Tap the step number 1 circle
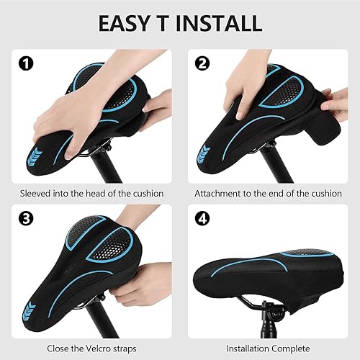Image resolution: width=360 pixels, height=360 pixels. pos(25,63)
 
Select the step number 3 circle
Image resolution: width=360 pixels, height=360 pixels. pos(25,216)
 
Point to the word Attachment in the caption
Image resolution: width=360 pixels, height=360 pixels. pos(222,194)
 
